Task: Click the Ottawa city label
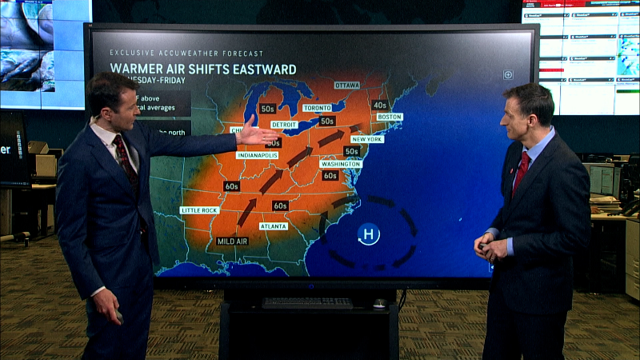(x=346, y=85)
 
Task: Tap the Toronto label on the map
(x=317, y=107)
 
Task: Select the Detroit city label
(x=284, y=125)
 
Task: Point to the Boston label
(x=389, y=117)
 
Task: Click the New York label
(x=367, y=139)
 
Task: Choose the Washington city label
(x=341, y=163)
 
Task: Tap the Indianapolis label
(x=257, y=155)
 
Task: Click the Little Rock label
(x=199, y=210)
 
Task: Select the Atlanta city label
(x=274, y=226)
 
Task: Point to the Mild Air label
(x=232, y=241)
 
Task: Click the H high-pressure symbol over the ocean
(x=368, y=234)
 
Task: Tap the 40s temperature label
(x=379, y=105)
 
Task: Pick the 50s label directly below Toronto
(x=327, y=122)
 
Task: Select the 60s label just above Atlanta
(x=280, y=206)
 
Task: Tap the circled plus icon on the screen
(x=508, y=74)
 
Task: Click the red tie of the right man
(x=522, y=172)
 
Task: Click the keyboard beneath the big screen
(x=307, y=302)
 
